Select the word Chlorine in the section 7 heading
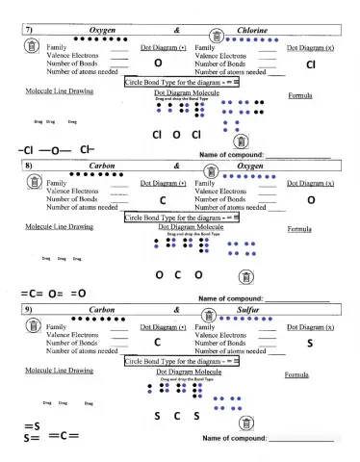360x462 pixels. coord(252,31)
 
